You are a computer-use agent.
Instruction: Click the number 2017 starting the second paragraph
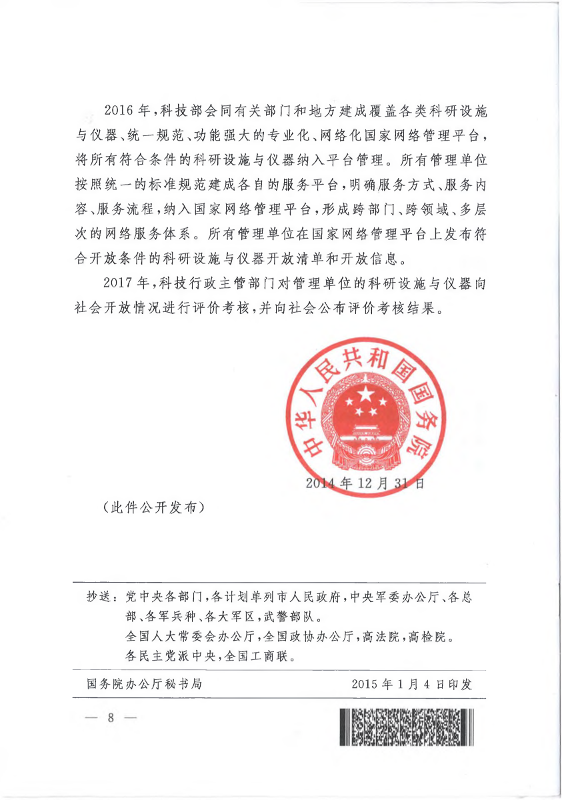point(119,283)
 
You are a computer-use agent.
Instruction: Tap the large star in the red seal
point(367,395)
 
